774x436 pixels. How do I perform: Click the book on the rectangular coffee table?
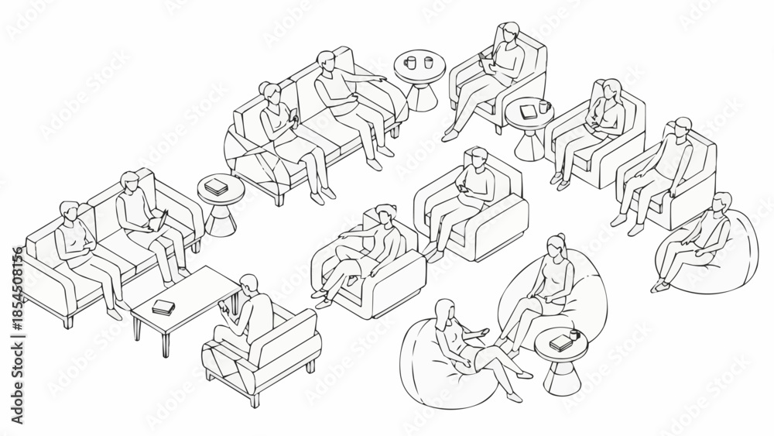click(x=163, y=307)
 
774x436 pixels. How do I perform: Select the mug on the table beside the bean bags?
click(x=574, y=335)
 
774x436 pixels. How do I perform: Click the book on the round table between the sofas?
click(x=214, y=186)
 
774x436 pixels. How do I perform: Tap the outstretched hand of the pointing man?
click(x=380, y=78)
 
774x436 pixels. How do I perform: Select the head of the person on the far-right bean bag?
click(x=721, y=203)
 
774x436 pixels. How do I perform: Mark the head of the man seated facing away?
click(x=249, y=286)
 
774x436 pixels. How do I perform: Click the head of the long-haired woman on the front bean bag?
click(x=445, y=310)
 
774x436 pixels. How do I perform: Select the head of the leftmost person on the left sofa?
click(x=70, y=211)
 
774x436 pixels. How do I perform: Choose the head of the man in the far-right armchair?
click(x=682, y=127)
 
